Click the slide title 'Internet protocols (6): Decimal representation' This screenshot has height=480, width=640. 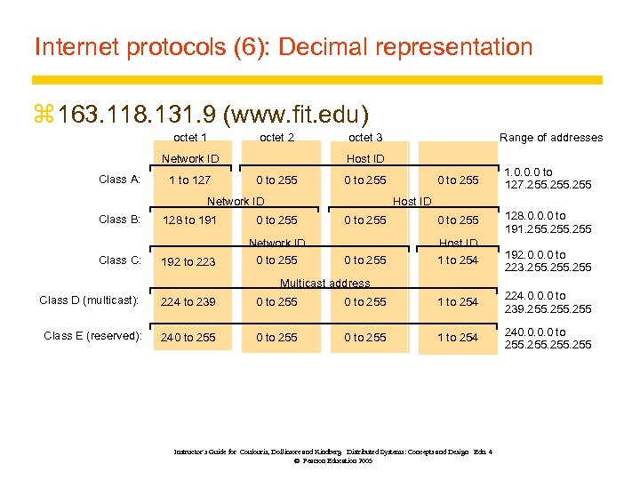pos(283,46)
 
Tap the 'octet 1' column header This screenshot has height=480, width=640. pos(190,137)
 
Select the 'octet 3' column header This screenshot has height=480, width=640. pos(365,137)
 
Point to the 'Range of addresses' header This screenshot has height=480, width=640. pos(551,137)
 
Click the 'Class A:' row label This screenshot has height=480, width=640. pos(119,180)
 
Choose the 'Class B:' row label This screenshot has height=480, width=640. pos(119,220)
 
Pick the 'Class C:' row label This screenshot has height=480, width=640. pos(119,260)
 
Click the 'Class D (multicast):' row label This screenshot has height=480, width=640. pos(89,300)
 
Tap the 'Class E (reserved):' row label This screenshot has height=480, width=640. pos(92,336)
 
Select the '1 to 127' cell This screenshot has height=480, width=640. pos(190,180)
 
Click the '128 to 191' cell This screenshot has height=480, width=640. pos(188,220)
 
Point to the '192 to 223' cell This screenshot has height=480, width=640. pos(188,262)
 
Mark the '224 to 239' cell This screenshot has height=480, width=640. pos(188,302)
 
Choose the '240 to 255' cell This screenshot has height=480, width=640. pos(188,338)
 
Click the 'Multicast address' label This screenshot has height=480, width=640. pos(324,284)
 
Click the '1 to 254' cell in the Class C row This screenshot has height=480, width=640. pos(457,260)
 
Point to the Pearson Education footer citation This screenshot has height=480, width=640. pos(332,456)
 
